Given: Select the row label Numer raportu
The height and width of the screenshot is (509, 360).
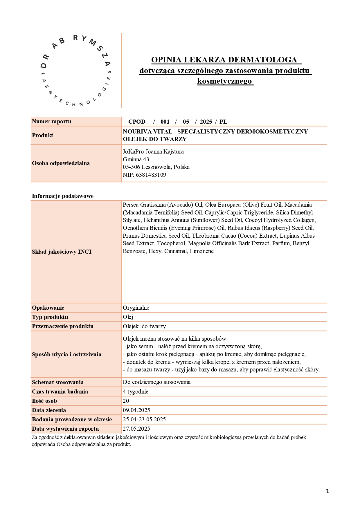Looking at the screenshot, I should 51,122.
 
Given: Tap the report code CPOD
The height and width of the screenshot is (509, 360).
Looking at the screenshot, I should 137,122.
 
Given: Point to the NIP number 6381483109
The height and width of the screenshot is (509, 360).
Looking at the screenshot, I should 151,175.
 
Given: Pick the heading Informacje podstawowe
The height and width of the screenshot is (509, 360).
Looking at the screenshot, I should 63,196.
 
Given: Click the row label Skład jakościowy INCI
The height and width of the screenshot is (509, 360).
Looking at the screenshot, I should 62,252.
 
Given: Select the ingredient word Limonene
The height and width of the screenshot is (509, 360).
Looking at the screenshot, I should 202,251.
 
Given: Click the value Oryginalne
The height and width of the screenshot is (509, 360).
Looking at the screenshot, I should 136,308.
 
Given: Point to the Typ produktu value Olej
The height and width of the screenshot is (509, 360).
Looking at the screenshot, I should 128,317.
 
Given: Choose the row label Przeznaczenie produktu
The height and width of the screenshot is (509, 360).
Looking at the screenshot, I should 63,326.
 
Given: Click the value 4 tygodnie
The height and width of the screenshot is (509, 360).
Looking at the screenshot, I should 136,391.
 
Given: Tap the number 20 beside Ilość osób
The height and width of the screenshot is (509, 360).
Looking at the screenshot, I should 126,401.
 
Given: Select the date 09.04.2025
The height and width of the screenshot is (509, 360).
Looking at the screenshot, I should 136,410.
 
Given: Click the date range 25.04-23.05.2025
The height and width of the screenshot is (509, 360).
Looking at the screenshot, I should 144,419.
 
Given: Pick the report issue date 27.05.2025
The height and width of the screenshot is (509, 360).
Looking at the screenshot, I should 136,429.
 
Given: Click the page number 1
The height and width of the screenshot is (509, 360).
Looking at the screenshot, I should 327,491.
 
